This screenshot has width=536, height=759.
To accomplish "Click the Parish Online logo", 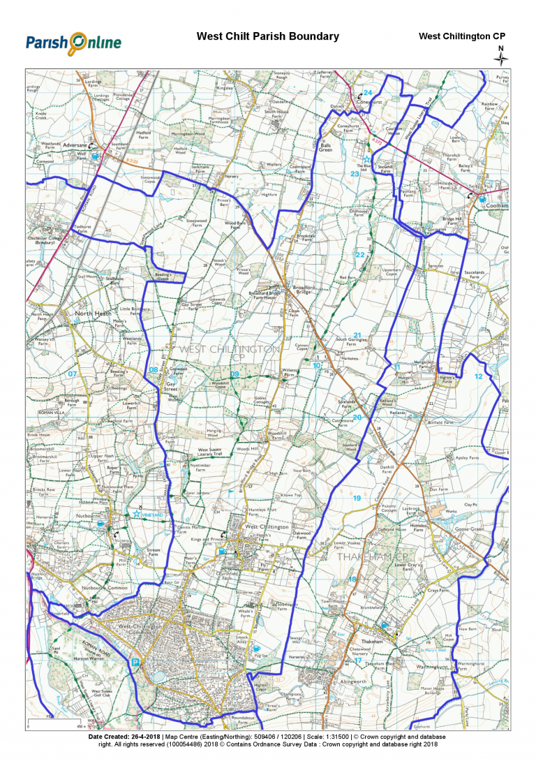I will pyautogui.click(x=73, y=43).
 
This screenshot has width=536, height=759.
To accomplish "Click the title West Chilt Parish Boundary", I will pyautogui.click(x=267, y=36).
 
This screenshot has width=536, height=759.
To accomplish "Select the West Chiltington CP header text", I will pyautogui.click(x=461, y=36).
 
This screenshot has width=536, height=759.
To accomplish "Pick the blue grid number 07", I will pyautogui.click(x=71, y=374).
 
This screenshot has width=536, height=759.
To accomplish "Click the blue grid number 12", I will pyautogui.click(x=478, y=376).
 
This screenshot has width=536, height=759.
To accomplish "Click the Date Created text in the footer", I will pyautogui.click(x=125, y=737).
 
